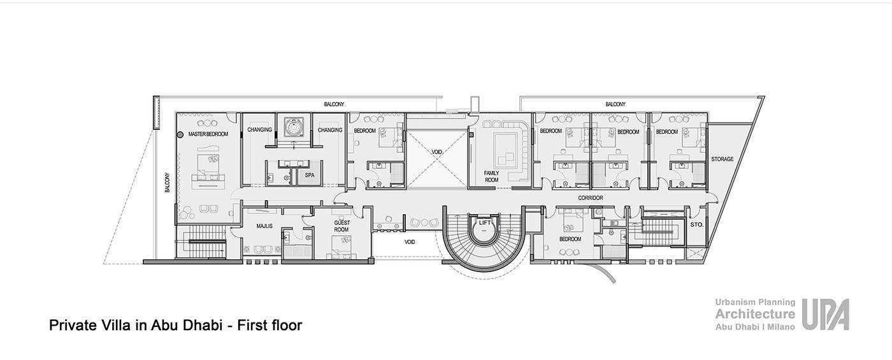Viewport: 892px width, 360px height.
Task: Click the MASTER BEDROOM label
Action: coord(208,134)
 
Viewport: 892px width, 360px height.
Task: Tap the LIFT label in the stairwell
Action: coord(485,222)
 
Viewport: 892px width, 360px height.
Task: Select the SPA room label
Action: coord(310,175)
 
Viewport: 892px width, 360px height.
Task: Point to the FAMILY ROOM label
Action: coord(491,176)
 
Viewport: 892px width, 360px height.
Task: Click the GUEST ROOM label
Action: coord(342,226)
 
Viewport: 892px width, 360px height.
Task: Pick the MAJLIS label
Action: coord(264,226)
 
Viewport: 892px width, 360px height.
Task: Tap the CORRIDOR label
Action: coord(591,198)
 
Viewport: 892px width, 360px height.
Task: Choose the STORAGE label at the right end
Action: coord(723,159)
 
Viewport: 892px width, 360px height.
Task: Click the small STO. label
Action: coord(696,224)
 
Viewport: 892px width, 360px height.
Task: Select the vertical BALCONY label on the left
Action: coord(167,182)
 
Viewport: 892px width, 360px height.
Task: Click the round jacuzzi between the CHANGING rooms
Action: coord(294,127)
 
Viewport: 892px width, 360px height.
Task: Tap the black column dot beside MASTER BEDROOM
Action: coord(180,134)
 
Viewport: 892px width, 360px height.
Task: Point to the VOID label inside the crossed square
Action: coord(436,152)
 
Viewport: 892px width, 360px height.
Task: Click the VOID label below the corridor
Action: coord(409,241)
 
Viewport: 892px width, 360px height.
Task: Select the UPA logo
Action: coord(825,315)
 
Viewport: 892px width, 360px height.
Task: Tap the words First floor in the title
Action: coord(270,326)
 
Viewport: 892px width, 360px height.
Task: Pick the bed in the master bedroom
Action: coord(208,168)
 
